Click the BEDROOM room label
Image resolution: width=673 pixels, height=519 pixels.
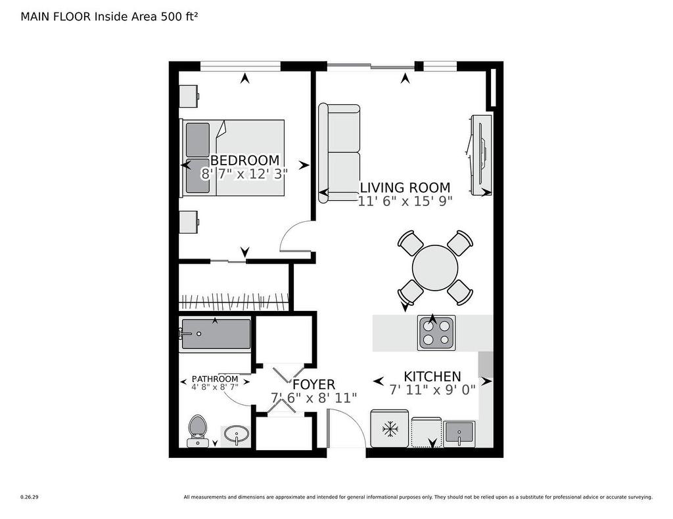click(x=244, y=160)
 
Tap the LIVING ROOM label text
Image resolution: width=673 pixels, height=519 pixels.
click(x=404, y=188)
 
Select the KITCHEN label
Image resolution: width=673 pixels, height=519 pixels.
click(x=432, y=376)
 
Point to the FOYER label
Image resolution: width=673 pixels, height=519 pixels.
click(x=313, y=384)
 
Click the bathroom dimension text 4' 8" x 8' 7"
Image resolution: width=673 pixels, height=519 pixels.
click(x=214, y=387)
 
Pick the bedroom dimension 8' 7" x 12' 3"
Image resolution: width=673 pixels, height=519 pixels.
click(x=244, y=175)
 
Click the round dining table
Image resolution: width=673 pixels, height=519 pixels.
click(x=435, y=268)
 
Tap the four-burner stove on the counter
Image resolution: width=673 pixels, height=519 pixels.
click(x=436, y=333)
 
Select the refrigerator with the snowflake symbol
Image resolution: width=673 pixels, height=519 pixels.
click(x=390, y=429)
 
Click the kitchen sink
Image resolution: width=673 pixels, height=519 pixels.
click(x=459, y=434)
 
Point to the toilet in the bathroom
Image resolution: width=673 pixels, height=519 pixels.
click(x=197, y=430)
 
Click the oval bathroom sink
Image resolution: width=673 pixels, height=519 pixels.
click(x=236, y=434)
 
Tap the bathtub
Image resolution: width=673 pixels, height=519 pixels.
click(x=216, y=335)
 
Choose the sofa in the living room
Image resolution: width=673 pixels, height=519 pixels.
click(x=340, y=153)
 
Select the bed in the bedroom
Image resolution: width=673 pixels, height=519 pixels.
click(x=233, y=157)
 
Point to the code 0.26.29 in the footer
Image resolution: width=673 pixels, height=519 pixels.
click(x=29, y=497)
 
